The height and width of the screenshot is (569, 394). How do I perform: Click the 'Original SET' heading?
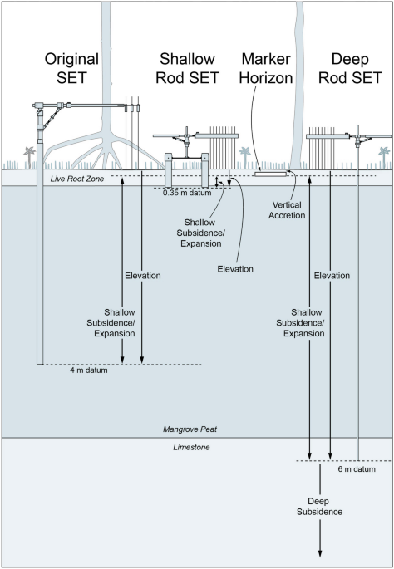pos(71,68)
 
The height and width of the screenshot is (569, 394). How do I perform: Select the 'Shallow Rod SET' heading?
pos(187,68)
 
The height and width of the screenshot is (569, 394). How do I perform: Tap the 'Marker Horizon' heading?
pos(266,68)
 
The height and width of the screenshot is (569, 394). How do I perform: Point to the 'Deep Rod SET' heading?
pos(350,68)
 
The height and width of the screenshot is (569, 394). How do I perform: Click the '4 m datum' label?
pos(89,370)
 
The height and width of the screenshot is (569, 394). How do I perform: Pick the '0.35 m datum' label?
pos(187,193)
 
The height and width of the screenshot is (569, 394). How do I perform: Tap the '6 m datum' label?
pos(357,469)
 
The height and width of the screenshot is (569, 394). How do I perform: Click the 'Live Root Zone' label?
pos(77,179)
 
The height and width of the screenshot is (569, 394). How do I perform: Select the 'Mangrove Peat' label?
pos(190,429)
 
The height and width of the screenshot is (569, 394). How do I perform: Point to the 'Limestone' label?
pos(191,448)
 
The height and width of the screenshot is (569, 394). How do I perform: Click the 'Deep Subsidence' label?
pos(319,507)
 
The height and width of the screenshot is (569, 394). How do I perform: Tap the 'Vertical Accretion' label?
pos(287,210)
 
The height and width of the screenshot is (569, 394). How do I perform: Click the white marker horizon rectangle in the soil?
pos(270,174)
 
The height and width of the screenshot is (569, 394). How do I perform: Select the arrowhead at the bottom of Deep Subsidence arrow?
pos(320,553)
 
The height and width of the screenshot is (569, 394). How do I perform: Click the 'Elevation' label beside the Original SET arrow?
pos(143,276)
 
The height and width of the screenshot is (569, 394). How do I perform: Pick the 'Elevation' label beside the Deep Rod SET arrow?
pos(332,276)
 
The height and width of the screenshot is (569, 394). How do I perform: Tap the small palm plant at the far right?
pos(384,157)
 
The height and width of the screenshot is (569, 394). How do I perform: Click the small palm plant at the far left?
pos(29,157)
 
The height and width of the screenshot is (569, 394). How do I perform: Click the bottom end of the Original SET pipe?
pos(40,364)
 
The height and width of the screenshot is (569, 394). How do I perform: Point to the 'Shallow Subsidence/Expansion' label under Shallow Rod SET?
pos(201,233)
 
